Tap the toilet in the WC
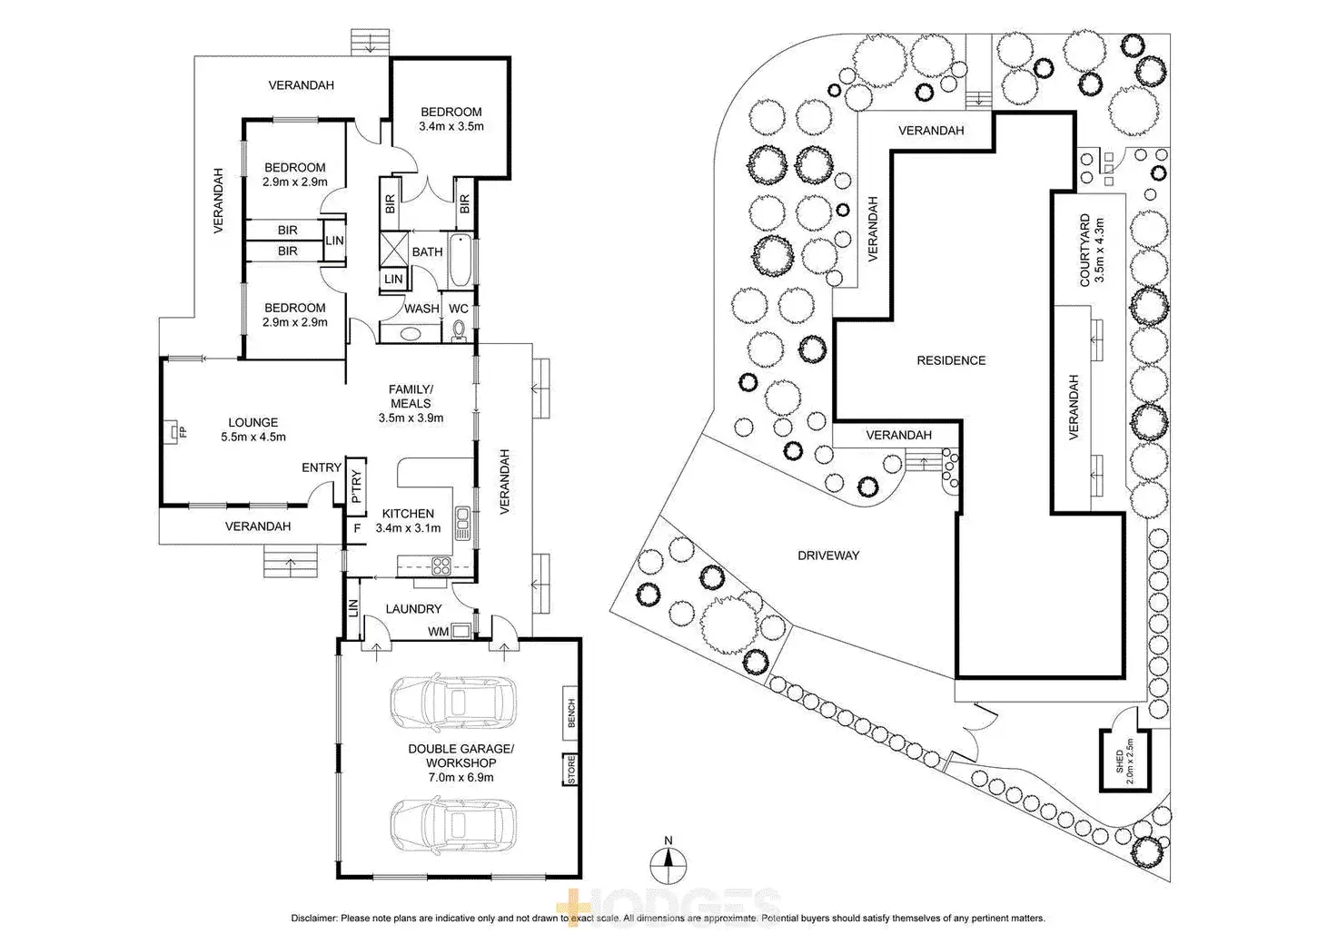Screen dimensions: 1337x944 459,330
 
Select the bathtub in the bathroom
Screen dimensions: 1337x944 461,258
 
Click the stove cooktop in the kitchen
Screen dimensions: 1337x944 442,566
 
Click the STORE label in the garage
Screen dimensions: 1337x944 570,770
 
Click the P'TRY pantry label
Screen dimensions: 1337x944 356,487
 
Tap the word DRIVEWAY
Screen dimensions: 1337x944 828,556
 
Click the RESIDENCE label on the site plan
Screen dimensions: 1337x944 951,360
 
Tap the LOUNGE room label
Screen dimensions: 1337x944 253,422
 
